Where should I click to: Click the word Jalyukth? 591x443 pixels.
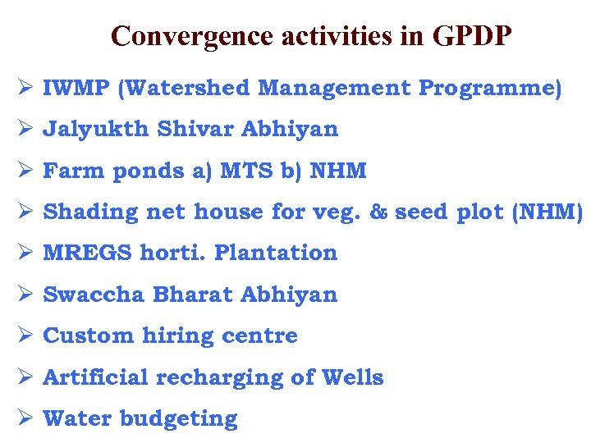point(95,129)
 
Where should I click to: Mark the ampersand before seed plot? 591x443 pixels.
point(378,212)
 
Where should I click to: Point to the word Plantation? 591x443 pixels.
point(276,253)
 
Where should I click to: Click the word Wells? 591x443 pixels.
point(353,377)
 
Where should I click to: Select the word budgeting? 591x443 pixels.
point(178,418)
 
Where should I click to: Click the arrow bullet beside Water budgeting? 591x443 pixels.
point(24,418)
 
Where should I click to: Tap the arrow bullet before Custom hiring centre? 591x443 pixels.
point(24,336)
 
